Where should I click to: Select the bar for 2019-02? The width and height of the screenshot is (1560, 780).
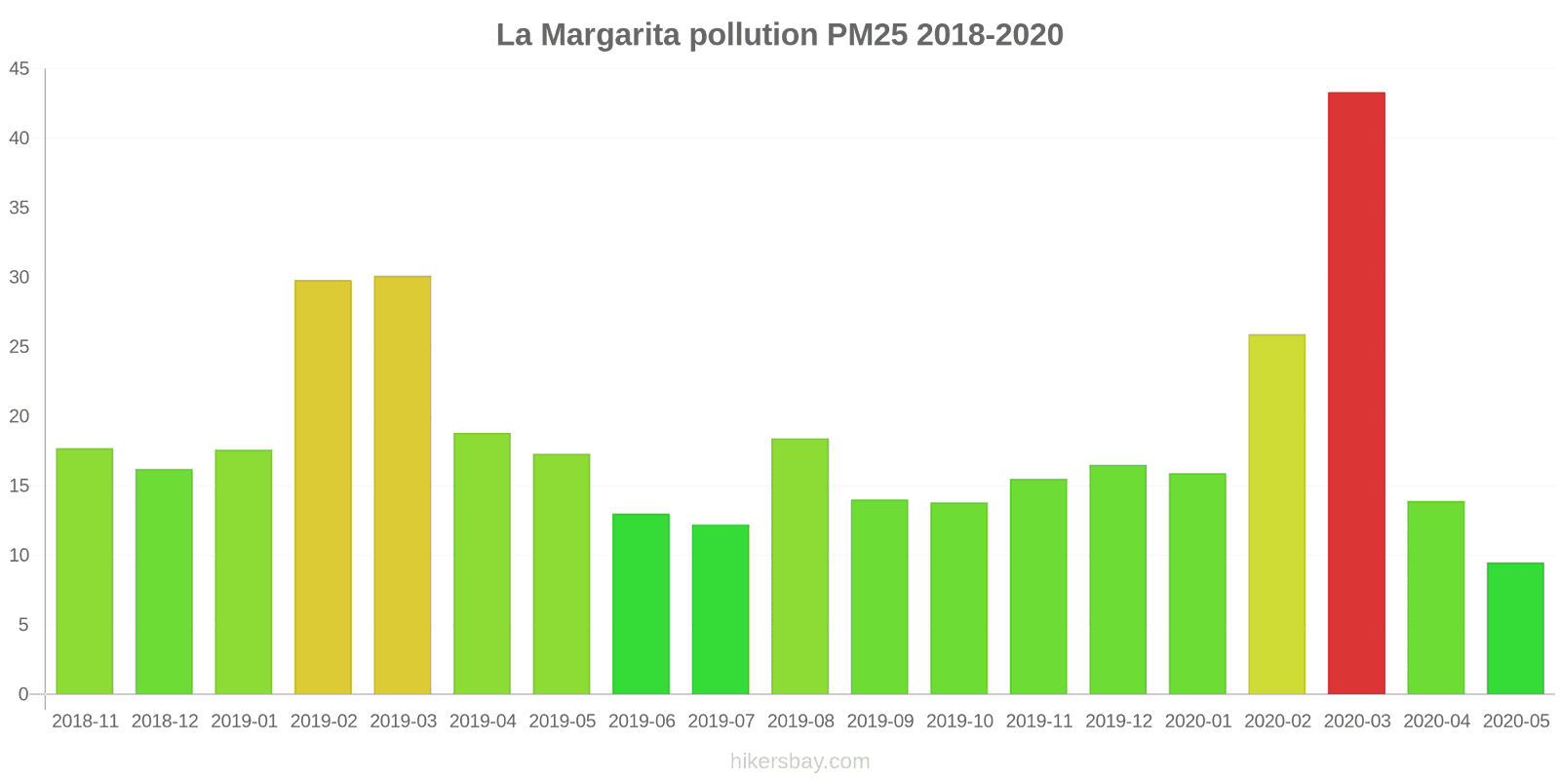pyautogui.click(x=323, y=487)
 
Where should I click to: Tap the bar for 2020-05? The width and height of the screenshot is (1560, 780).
pyautogui.click(x=1515, y=628)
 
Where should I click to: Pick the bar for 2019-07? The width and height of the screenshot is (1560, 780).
pyautogui.click(x=721, y=609)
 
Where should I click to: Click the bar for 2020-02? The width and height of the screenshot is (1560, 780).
pyautogui.click(x=1276, y=514)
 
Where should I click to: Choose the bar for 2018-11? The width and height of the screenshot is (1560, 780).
pyautogui.click(x=85, y=571)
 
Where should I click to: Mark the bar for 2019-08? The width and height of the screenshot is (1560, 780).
pyautogui.click(x=799, y=566)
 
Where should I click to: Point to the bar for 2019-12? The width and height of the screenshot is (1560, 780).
pyautogui.click(x=1117, y=579)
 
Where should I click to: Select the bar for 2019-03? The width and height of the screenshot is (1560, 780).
pyautogui.click(x=403, y=485)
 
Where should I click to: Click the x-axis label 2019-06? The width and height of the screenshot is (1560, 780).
pyautogui.click(x=642, y=721)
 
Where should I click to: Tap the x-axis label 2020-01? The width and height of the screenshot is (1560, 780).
pyautogui.click(x=1198, y=721)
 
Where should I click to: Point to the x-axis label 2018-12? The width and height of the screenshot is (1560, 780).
pyautogui.click(x=165, y=721)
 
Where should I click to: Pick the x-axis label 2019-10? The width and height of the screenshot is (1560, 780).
pyautogui.click(x=959, y=721)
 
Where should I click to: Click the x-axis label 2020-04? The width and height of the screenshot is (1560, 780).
pyautogui.click(x=1436, y=721)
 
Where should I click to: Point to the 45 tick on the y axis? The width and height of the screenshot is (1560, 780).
pyautogui.click(x=19, y=69)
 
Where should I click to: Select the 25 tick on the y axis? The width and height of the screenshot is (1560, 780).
pyautogui.click(x=19, y=347)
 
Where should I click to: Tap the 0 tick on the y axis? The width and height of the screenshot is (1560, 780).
pyautogui.click(x=23, y=694)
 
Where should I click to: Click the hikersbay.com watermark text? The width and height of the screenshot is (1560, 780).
pyautogui.click(x=799, y=761)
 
